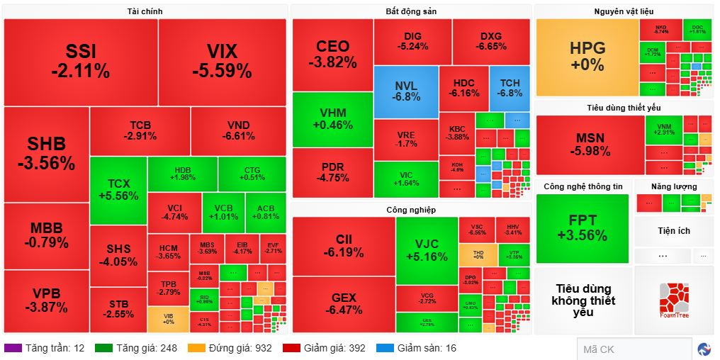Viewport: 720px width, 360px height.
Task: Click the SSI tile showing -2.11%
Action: [80, 61]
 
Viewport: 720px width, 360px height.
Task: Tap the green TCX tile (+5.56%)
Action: [118, 190]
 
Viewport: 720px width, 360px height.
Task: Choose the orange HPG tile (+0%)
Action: [587, 57]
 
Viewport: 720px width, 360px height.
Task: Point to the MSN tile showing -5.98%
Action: [589, 144]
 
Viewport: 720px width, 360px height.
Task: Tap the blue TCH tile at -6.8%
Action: [510, 88]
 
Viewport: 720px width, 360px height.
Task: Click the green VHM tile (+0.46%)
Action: [332, 119]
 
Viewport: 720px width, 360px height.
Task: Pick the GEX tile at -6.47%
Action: [344, 304]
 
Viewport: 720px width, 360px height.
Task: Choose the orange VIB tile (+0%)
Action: [168, 319]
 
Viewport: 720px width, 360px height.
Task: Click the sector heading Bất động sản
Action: [411, 12]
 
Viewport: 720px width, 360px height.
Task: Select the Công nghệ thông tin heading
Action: [583, 186]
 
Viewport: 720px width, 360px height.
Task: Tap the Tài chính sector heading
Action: [145, 12]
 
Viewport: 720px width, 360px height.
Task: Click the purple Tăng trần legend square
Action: [13, 348]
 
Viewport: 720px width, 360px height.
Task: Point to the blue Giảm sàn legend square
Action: [385, 348]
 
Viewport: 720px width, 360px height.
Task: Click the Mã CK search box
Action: [634, 349]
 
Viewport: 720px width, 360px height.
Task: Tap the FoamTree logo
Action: [673, 300]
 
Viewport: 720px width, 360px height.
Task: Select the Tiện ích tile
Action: [673, 231]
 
